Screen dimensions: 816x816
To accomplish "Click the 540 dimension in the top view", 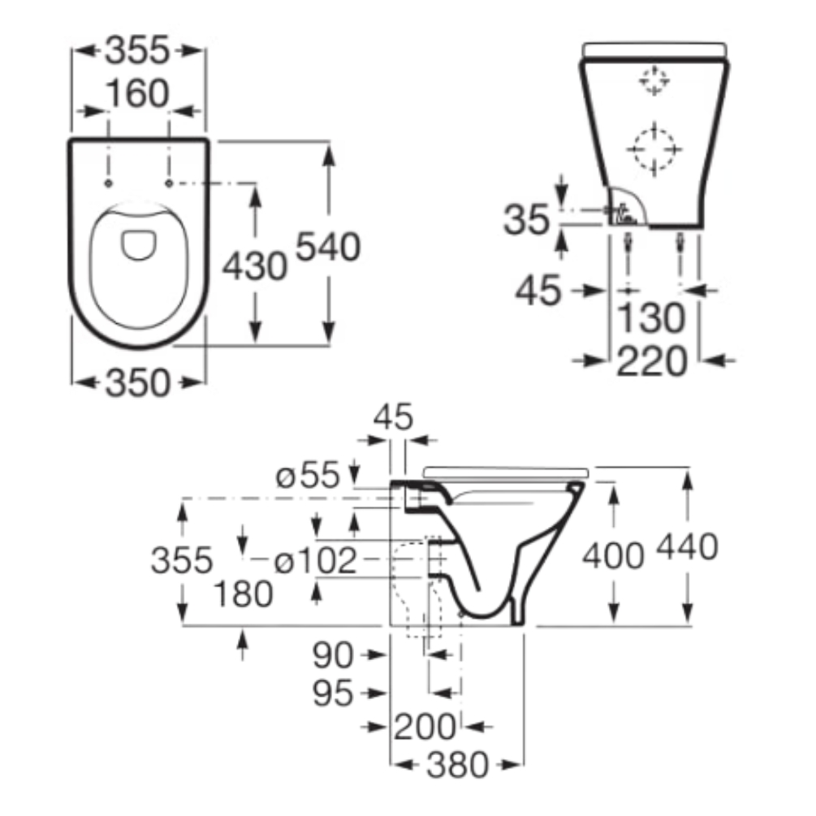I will [326, 247].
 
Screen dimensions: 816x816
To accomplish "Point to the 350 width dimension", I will [137, 383].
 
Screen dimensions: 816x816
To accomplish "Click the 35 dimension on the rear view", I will [527, 219].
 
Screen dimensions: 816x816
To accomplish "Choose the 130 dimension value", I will [650, 319].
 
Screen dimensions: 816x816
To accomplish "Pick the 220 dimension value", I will [652, 361].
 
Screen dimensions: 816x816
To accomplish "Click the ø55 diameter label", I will [306, 477].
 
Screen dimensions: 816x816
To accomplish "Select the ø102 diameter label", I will [316, 560].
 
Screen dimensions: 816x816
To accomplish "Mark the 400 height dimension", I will [614, 555].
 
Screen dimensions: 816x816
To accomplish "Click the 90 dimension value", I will [335, 654].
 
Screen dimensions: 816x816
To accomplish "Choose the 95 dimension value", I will [335, 693].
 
